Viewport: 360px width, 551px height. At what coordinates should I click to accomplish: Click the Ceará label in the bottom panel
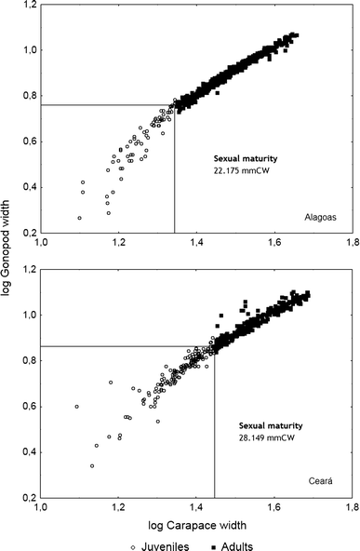click(321, 480)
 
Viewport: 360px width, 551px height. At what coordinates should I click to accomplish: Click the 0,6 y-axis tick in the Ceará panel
click(27, 407)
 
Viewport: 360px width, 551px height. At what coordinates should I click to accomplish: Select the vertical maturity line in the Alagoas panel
click(175, 177)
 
